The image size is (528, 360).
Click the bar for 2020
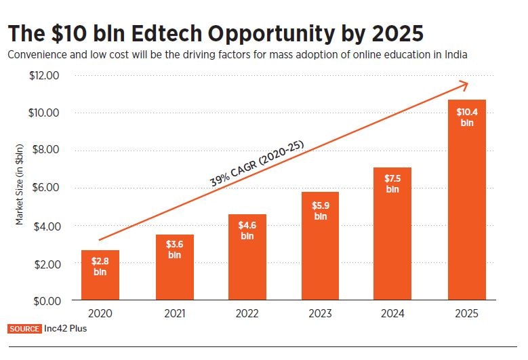(100, 275)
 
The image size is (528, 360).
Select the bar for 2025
(466, 199)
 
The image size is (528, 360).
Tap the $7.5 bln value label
(393, 183)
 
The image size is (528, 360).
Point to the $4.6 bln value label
(247, 230)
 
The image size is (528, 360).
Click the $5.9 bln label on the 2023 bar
(320, 209)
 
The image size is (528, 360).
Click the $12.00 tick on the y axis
(44, 75)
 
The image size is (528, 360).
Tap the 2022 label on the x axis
(247, 314)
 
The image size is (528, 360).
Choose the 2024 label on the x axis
(393, 314)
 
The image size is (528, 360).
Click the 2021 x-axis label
(174, 314)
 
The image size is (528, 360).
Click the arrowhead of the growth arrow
(463, 85)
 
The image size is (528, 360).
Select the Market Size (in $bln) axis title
(20, 184)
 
